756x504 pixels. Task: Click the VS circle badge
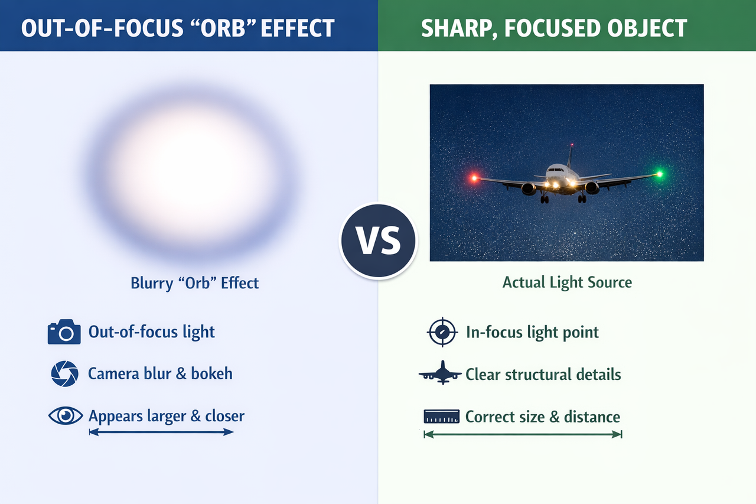[379, 240]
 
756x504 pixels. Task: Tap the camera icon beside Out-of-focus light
[64, 332]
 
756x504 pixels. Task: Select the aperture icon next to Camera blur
[65, 373]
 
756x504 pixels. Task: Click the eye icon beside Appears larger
[66, 415]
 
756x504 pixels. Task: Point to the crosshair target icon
[442, 332]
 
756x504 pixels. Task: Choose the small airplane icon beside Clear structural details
[440, 373]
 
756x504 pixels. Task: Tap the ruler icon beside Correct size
[441, 416]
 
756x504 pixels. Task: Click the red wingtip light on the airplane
[474, 178]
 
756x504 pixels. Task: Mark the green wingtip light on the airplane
[660, 174]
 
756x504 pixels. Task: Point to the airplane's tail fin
[571, 156]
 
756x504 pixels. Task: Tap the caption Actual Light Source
[567, 282]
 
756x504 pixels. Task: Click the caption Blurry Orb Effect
[195, 283]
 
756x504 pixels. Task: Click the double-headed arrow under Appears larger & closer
[161, 432]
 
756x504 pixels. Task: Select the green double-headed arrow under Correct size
[523, 434]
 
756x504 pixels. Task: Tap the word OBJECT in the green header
[647, 28]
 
